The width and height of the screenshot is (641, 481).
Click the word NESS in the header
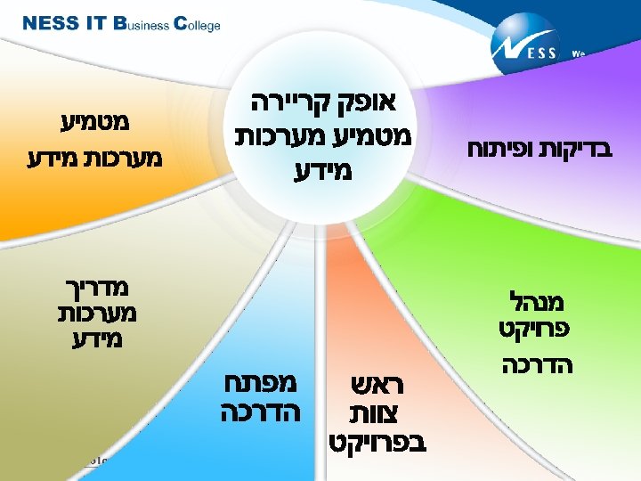click(x=51, y=24)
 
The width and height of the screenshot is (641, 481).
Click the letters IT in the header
click(x=98, y=24)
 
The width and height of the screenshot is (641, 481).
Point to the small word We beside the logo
click(x=578, y=53)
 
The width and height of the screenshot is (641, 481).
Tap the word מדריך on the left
click(x=92, y=287)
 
